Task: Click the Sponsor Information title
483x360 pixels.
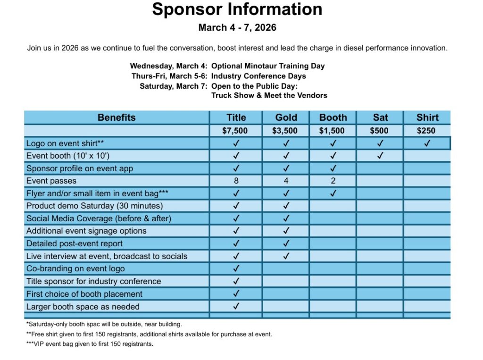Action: click(x=237, y=9)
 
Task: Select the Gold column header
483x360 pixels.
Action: click(x=286, y=117)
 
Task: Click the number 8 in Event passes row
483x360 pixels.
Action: click(x=236, y=181)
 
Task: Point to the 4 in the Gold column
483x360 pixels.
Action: click(x=286, y=181)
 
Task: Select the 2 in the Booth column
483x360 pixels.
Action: click(x=333, y=181)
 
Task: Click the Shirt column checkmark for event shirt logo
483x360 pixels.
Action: click(x=427, y=143)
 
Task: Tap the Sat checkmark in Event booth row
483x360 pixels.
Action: click(x=380, y=156)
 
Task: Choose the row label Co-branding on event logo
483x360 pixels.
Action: click(x=75, y=268)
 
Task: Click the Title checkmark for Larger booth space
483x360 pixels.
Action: click(x=236, y=306)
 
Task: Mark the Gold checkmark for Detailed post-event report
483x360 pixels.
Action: click(x=286, y=243)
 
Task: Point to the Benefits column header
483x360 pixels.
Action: click(x=117, y=117)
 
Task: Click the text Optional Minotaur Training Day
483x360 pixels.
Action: click(x=268, y=66)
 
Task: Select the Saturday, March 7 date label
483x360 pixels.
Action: click(x=173, y=86)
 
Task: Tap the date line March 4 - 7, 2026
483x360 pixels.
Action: click(x=237, y=28)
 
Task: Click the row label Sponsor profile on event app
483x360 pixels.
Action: click(x=80, y=168)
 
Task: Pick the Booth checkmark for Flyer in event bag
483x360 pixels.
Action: click(x=333, y=193)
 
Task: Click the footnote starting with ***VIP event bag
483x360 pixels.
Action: click(x=90, y=344)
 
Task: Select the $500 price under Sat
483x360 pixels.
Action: click(x=380, y=131)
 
